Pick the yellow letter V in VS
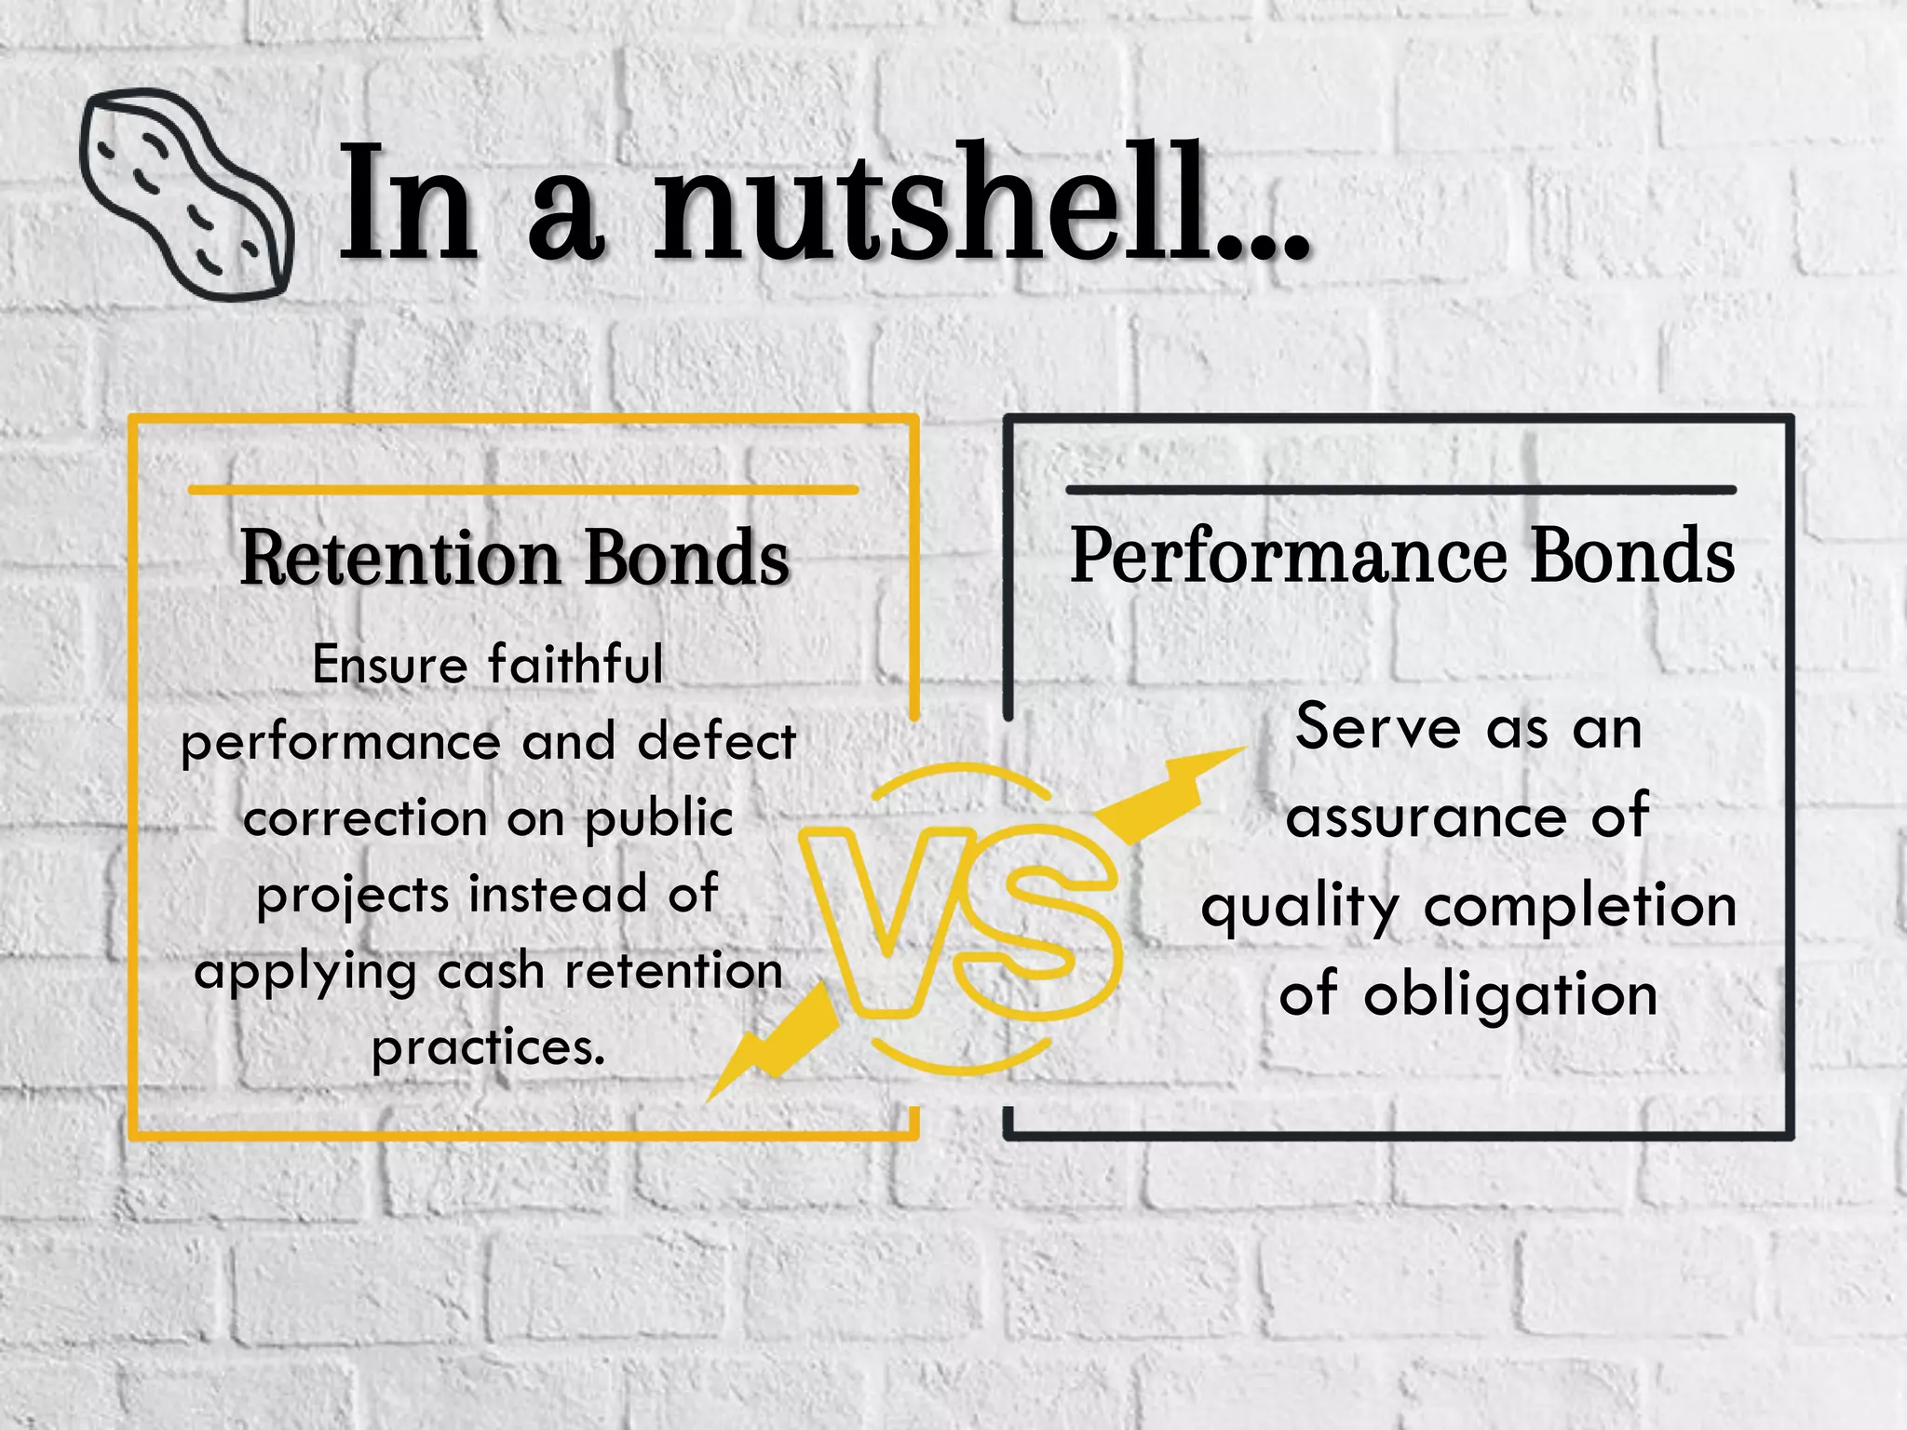point(880,917)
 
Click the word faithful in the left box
point(575,665)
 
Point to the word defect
point(717,742)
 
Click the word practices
point(488,1049)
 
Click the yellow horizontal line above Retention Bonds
point(522,490)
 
